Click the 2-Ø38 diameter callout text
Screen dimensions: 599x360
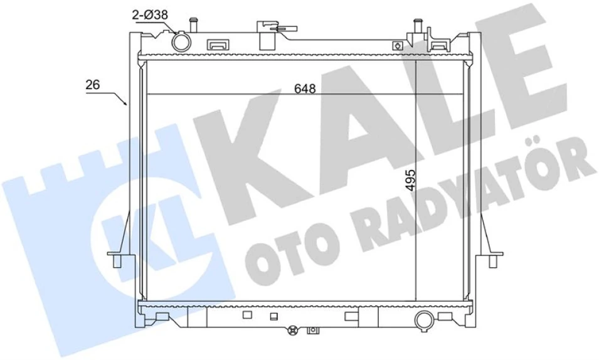150,15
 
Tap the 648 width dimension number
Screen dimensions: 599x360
305,88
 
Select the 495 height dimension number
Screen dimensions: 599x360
410,180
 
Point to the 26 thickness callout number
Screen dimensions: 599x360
92,85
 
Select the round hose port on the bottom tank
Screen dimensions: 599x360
425,320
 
